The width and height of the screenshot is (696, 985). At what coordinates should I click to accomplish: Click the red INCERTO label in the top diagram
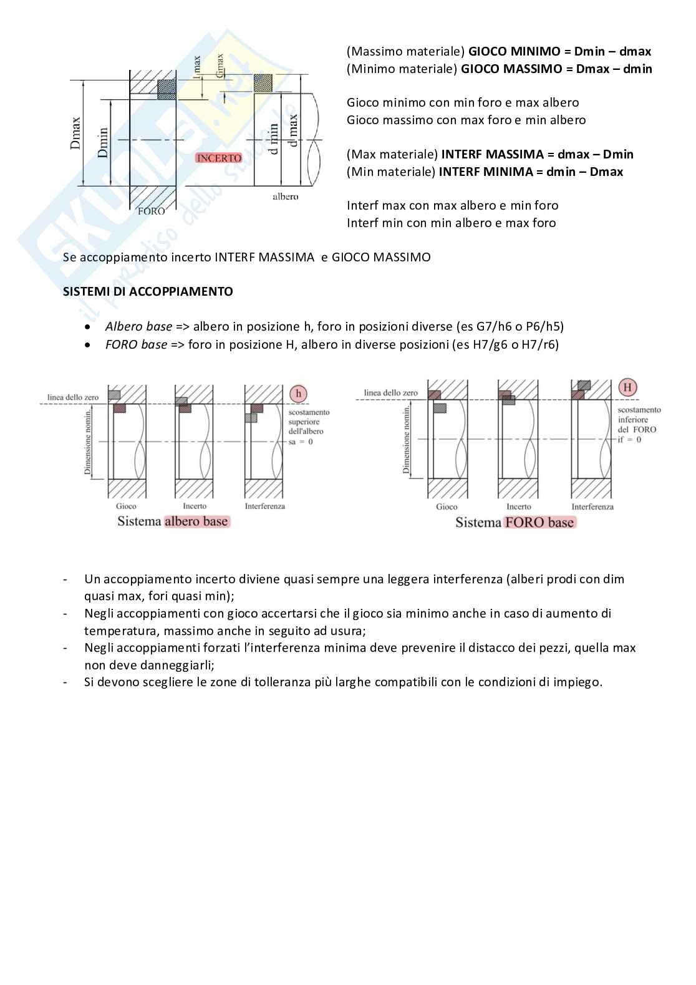click(x=219, y=158)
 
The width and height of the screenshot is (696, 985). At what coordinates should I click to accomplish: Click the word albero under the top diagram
click(x=285, y=197)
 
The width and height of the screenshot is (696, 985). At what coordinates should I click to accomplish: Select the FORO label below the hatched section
click(x=151, y=211)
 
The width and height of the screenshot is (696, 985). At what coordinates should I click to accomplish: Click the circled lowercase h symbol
click(x=299, y=394)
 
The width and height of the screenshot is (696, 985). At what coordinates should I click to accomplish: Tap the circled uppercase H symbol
click(x=627, y=387)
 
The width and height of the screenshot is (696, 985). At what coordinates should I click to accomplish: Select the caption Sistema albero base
click(x=173, y=522)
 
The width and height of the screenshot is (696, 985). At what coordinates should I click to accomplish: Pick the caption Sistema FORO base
click(x=515, y=522)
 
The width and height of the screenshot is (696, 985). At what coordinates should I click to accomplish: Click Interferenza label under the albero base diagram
click(x=264, y=506)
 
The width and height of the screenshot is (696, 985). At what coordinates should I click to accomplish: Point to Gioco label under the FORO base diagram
click(x=447, y=507)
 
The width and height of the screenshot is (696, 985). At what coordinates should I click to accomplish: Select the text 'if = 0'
click(x=629, y=439)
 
